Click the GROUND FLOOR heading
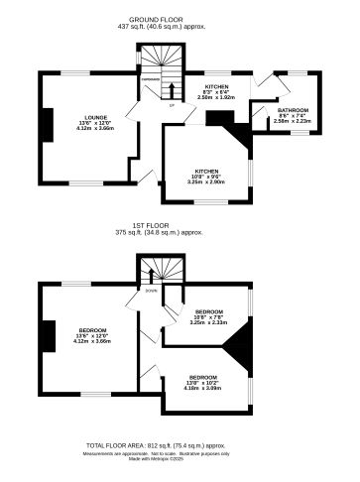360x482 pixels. click(x=180, y=18)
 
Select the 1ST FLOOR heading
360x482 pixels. click(x=180, y=226)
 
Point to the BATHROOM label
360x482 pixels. click(x=294, y=110)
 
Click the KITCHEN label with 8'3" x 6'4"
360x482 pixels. click(x=216, y=87)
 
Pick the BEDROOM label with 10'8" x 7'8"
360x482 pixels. click(x=208, y=311)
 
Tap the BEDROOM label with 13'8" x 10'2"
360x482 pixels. click(x=202, y=377)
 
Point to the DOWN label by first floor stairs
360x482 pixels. click(x=152, y=292)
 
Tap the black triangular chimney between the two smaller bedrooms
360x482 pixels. click(x=242, y=344)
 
